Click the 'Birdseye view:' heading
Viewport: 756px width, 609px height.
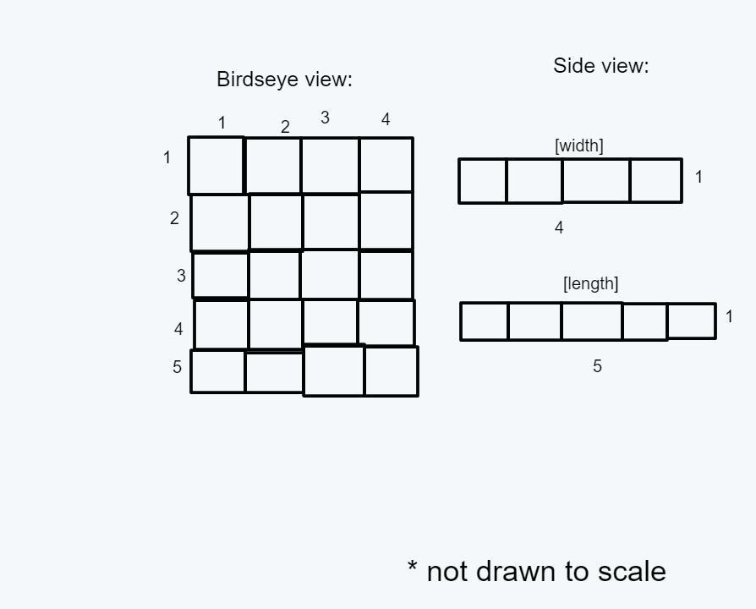284,80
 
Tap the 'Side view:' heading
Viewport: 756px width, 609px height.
600,66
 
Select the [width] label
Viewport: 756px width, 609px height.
579,145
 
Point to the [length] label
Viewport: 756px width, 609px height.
590,283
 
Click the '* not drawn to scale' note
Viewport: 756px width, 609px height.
536,572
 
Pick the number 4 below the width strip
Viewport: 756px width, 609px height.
559,228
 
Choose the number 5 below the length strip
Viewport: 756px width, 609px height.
597,366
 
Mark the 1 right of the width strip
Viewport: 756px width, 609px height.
698,177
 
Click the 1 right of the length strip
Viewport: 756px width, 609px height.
729,316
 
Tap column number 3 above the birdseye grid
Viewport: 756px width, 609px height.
325,118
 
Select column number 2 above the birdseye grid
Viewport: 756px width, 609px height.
285,127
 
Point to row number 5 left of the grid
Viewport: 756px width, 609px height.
177,367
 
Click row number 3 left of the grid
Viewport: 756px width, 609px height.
181,276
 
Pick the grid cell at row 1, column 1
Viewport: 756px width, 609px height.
216,166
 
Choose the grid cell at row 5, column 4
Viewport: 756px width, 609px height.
391,371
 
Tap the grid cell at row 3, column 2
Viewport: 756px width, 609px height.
274,275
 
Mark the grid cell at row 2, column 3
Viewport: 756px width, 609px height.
331,222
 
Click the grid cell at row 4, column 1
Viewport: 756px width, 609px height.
221,325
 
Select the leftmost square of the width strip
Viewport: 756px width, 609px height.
483,181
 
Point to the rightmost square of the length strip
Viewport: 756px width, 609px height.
691,321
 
